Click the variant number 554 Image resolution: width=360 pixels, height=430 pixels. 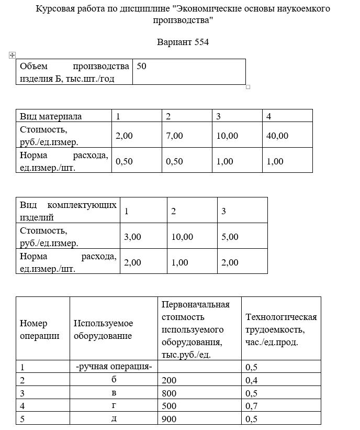pos(201,42)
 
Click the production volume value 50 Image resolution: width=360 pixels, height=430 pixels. pos(141,66)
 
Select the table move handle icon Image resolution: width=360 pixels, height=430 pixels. pos(12,54)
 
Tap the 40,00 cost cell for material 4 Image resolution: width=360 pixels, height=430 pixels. pos(277,136)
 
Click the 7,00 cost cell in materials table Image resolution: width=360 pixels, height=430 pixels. pos(174,136)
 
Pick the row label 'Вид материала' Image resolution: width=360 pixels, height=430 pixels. pos(51,116)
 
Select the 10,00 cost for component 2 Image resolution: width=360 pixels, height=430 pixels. pos(182,237)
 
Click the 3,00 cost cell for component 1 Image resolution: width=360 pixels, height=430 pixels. pos(132,237)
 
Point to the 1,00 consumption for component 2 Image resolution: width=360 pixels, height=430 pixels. pos(179,262)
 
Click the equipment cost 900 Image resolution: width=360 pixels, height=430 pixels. pos(170,418)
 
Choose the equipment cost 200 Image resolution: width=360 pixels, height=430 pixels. pos(170,380)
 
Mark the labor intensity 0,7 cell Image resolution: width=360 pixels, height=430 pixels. pos(252,406)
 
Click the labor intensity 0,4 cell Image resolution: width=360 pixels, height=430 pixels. pos(252,380)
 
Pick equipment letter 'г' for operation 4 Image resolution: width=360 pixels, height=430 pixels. pos(114,406)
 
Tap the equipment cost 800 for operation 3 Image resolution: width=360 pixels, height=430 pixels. pos(170,393)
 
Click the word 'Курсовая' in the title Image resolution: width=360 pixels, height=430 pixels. pos(54,9)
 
